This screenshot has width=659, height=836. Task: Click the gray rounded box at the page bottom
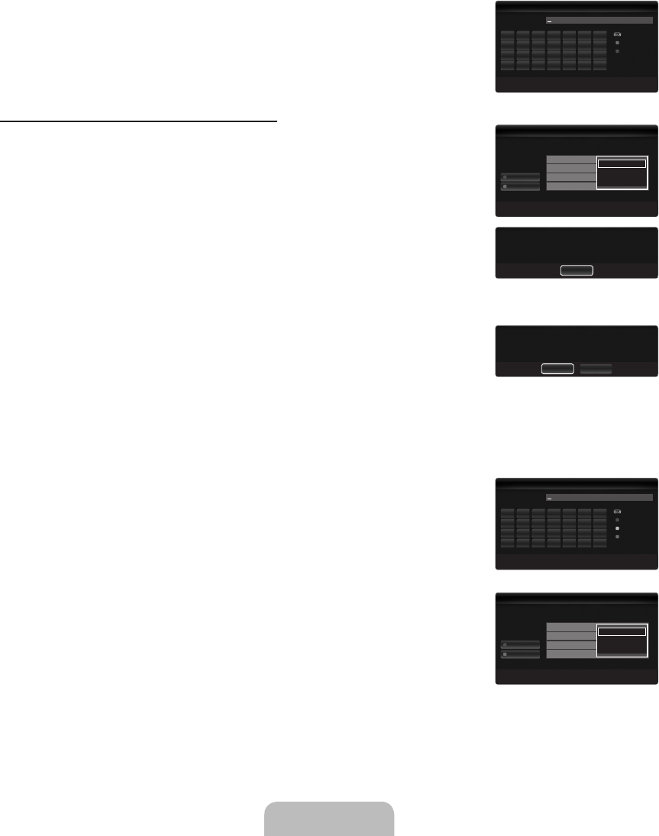(x=329, y=818)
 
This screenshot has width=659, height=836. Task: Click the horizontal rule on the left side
(x=138, y=121)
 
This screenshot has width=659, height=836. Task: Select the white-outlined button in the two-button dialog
(x=557, y=368)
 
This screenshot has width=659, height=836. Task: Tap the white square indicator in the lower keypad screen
(x=618, y=528)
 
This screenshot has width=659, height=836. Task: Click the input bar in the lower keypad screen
(x=599, y=497)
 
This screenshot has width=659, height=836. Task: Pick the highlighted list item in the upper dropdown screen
(x=622, y=163)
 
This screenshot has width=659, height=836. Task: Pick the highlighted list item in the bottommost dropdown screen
(x=622, y=631)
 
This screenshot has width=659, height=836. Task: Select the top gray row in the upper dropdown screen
(x=571, y=160)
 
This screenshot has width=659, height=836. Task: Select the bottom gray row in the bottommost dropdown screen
(x=571, y=654)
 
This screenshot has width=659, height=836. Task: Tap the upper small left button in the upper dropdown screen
(x=520, y=176)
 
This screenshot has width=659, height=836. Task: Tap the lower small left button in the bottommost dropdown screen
(x=520, y=654)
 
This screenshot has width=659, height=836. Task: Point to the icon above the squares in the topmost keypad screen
(x=618, y=35)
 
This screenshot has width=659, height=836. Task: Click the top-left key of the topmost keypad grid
(x=508, y=36)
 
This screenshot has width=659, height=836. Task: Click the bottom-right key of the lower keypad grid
(x=600, y=542)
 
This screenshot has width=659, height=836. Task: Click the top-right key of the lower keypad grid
(x=600, y=512)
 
